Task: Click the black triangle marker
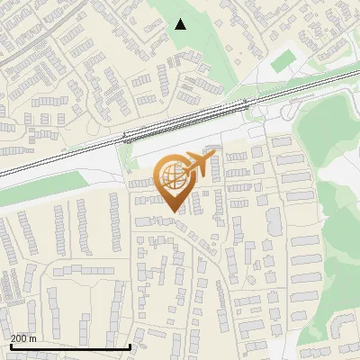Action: (181, 24)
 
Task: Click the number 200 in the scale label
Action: (19, 338)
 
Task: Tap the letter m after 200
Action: (33, 338)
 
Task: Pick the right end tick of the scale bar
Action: (131, 346)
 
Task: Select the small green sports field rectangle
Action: (284, 61)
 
